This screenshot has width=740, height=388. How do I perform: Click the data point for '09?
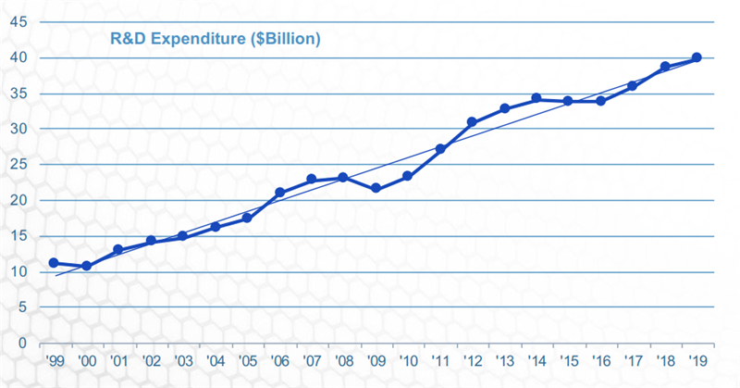pyautogui.click(x=376, y=188)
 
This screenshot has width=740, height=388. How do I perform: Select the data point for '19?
pyautogui.click(x=697, y=57)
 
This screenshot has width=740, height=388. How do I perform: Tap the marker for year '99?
pyautogui.click(x=54, y=263)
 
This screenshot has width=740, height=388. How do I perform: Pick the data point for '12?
pyautogui.click(x=472, y=122)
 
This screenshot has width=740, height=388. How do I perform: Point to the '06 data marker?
pyautogui.click(x=279, y=193)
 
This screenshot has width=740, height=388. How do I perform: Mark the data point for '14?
pyautogui.click(x=536, y=98)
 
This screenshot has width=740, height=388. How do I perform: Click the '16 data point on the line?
pyautogui.click(x=600, y=101)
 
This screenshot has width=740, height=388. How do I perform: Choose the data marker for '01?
pyautogui.click(x=118, y=250)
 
